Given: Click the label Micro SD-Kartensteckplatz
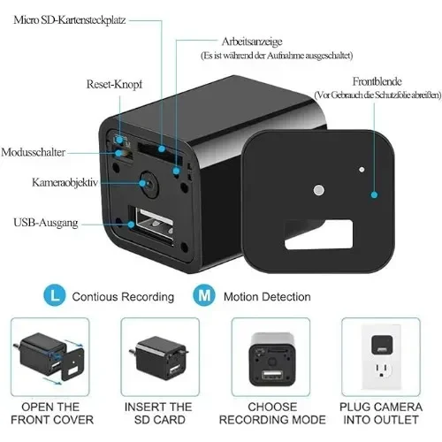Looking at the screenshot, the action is [x=70, y=20].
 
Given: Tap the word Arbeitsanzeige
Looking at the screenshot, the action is [x=252, y=42].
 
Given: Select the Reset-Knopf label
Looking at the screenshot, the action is [x=114, y=84].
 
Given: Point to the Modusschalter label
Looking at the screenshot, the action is [x=33, y=152].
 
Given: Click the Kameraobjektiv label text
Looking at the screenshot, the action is [x=65, y=182].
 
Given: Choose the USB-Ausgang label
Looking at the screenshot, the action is [x=46, y=223].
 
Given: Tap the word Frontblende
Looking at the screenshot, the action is [x=377, y=81].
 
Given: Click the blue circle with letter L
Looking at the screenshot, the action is [x=55, y=295].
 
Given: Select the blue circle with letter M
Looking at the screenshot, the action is [x=204, y=295].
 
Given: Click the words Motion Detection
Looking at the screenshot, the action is [x=267, y=297].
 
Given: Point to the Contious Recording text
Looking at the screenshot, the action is [x=123, y=297].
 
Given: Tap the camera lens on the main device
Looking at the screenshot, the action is [x=149, y=184].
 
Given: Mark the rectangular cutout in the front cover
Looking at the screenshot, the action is [x=318, y=234].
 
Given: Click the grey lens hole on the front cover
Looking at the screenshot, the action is [x=318, y=190].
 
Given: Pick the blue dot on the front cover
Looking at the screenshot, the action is [x=374, y=194].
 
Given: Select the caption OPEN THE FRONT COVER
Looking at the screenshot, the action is [x=52, y=413].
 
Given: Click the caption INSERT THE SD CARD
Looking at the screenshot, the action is [x=158, y=413].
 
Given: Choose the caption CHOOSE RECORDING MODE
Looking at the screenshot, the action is [x=272, y=413].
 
